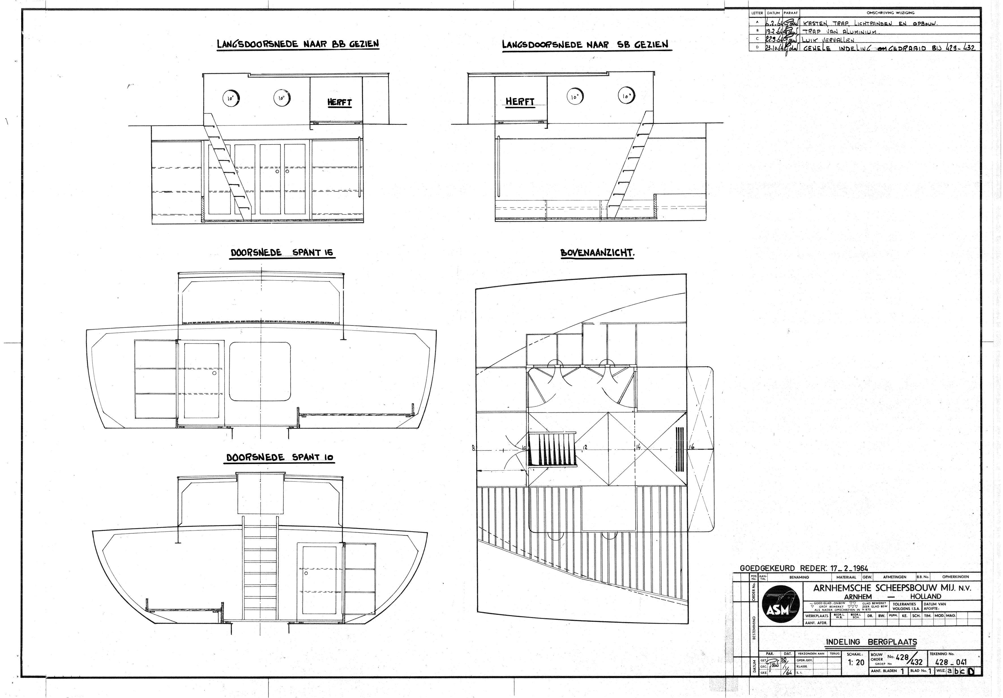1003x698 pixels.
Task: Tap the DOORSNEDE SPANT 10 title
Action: pyautogui.click(x=280, y=458)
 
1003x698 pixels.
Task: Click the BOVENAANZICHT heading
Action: pyautogui.click(x=597, y=254)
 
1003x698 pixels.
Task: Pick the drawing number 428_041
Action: pyautogui.click(x=951, y=662)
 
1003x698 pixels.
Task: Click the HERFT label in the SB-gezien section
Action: pyautogui.click(x=520, y=102)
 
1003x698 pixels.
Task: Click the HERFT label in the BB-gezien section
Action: pyautogui.click(x=339, y=103)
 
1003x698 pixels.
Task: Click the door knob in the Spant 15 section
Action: pyautogui.click(x=214, y=374)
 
